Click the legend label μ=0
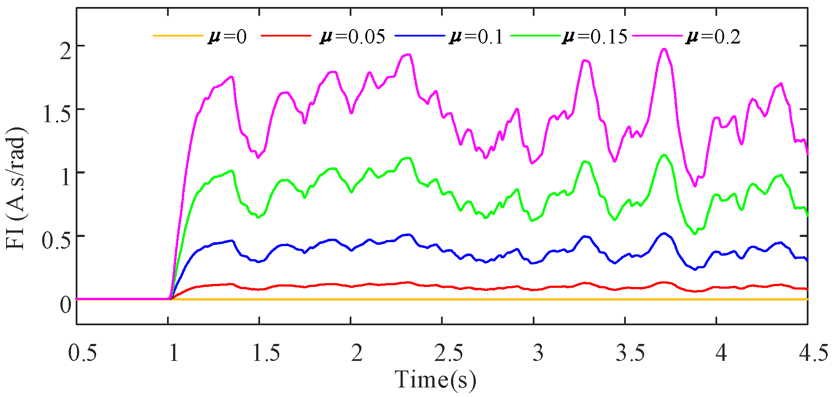tap(227, 37)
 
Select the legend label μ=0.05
tap(352, 37)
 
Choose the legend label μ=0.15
tap(595, 37)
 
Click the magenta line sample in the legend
tap(657, 35)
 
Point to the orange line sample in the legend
tap(178, 35)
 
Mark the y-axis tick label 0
tap(66, 304)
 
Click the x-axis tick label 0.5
tap(83, 353)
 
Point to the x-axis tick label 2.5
tap(448, 353)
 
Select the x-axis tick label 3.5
tap(631, 353)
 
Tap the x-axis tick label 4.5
tap(813, 353)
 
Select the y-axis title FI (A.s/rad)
tap(17, 188)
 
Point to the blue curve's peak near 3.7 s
tap(664, 233)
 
